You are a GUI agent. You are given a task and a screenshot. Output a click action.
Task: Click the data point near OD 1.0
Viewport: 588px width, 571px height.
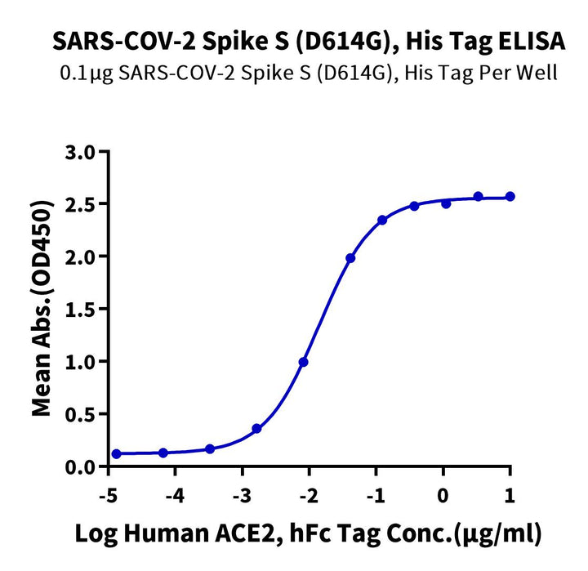[304, 362]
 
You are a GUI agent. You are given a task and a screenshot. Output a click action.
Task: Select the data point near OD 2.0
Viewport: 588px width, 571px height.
[350, 258]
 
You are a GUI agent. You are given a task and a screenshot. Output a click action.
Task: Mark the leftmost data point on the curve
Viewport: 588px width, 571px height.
[116, 453]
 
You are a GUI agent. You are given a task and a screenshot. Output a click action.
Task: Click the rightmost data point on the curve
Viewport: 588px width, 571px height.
[510, 196]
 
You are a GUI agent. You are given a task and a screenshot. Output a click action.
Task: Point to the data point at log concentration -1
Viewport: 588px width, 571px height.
[382, 221]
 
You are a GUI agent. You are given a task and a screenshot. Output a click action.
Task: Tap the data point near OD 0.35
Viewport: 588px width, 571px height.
[257, 428]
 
